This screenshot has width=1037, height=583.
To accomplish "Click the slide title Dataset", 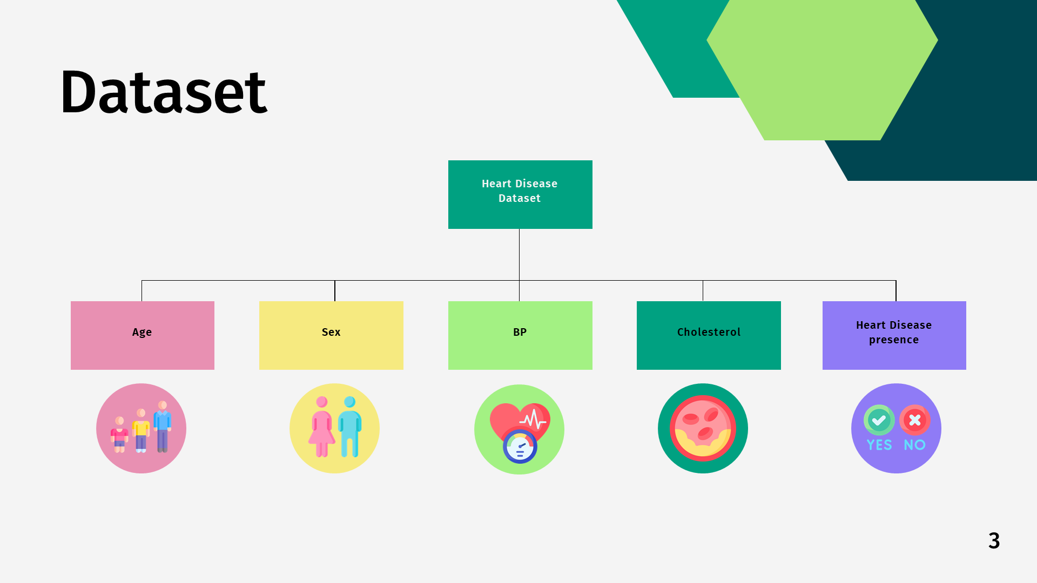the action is (163, 92).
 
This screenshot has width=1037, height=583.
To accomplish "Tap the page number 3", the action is (994, 540).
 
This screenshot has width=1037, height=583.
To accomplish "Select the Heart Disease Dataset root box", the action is (520, 194).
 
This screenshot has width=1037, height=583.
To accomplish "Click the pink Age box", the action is (143, 335).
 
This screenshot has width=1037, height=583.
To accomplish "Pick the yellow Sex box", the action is (331, 335).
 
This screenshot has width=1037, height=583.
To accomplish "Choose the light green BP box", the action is (520, 335).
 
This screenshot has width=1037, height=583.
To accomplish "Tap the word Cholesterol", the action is (709, 332).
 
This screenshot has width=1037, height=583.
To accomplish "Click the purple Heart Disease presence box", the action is (894, 335).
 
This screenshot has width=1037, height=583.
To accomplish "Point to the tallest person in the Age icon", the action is (162, 426).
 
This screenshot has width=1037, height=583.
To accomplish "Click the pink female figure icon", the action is (322, 426).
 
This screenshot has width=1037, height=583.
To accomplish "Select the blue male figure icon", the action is (350, 426).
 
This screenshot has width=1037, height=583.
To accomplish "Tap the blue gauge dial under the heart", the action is (520, 446).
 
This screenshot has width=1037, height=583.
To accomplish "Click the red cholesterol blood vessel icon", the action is (703, 428).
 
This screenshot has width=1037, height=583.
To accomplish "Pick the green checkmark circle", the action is (879, 420).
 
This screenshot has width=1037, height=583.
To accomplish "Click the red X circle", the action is (915, 420).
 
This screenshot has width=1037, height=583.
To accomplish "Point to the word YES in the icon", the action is (879, 445).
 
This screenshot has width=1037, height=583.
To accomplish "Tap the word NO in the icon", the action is (915, 445).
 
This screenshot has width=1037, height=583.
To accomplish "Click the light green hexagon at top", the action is (822, 70).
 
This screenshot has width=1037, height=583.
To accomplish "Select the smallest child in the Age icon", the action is (119, 435).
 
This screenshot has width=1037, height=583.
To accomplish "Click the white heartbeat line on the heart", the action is (533, 419).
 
